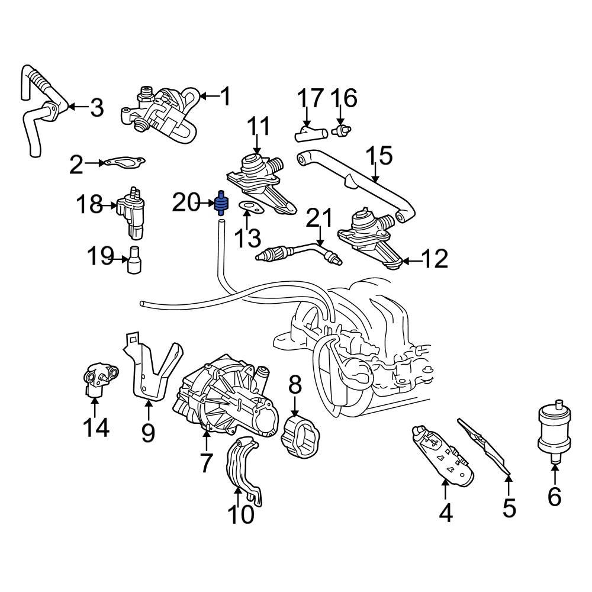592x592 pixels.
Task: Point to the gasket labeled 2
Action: pyautogui.click(x=124, y=162)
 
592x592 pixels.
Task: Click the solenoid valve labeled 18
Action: pyautogui.click(x=132, y=210)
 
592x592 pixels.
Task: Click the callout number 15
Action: pyautogui.click(x=379, y=156)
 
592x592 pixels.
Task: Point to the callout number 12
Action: pyautogui.click(x=435, y=259)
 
